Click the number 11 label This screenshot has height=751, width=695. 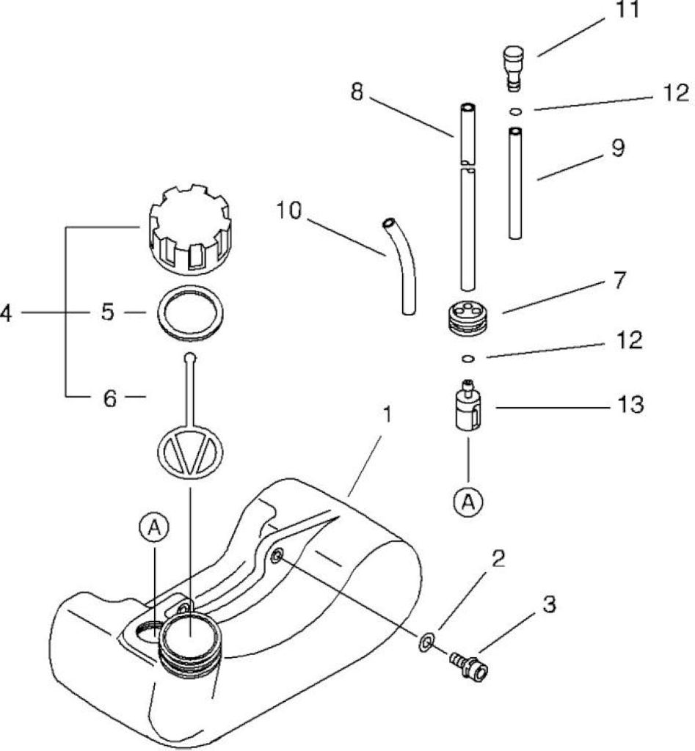coord(627,10)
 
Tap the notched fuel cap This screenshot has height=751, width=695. coord(191,229)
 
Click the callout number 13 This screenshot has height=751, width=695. coord(630,405)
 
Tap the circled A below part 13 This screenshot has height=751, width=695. coord(468,502)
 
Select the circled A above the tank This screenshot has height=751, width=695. coord(154,527)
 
